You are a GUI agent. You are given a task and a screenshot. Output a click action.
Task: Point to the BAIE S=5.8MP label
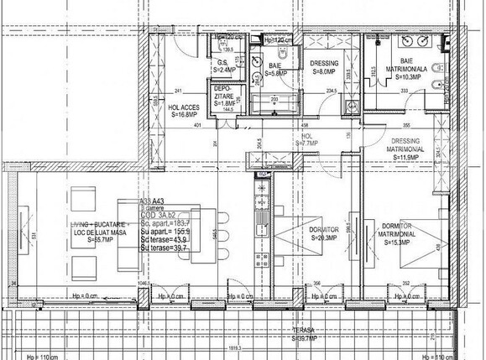[x=276, y=69]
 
